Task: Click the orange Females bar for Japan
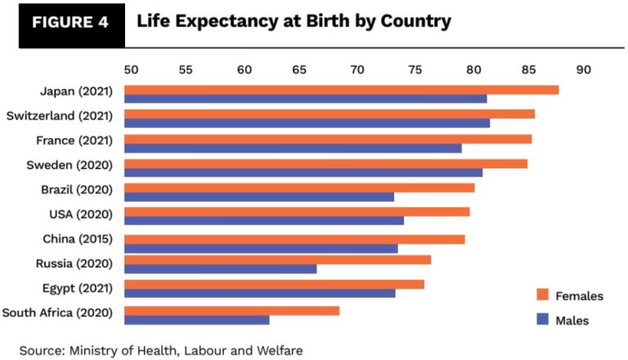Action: [x=342, y=90]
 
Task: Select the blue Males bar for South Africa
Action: [x=197, y=320]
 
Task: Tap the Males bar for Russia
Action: [x=221, y=269]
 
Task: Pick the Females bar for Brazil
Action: [x=299, y=188]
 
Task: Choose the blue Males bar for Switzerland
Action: [x=307, y=123]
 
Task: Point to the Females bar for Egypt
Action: [x=275, y=284]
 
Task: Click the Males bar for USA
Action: [x=264, y=220]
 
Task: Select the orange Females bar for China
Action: [x=294, y=239]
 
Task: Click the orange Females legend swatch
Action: [x=541, y=295]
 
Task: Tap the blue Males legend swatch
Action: [x=541, y=320]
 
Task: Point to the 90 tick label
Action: [x=583, y=70]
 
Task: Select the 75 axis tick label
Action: [x=415, y=70]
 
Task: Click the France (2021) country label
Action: [x=77, y=140]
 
